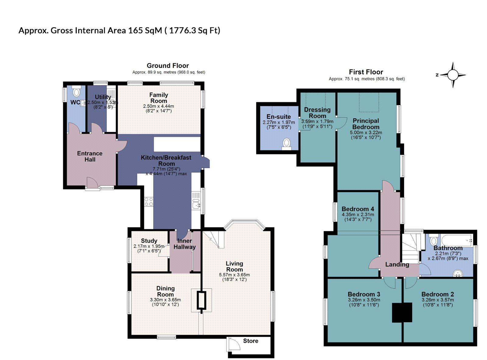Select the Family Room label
[159, 98]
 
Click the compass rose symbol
[453, 75]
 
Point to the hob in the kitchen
[149, 202]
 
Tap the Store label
[251, 341]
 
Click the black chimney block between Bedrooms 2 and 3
[402, 312]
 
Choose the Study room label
[149, 241]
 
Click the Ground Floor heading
[168, 66]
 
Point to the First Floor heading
[366, 72]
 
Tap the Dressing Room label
[317, 113]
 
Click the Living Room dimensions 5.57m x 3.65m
[234, 275]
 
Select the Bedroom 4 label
[358, 209]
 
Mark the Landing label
[397, 264]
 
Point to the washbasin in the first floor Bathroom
[458, 274]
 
